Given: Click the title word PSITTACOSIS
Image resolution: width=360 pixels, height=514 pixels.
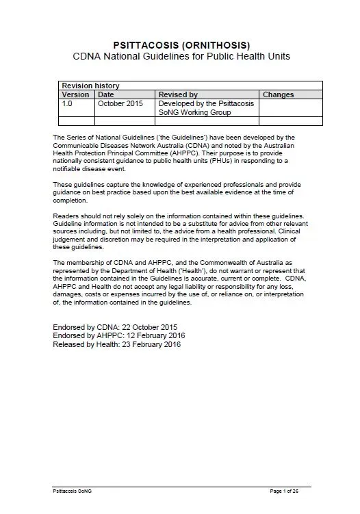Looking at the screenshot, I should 146,44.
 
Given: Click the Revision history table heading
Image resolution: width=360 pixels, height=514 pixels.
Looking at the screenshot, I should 90,85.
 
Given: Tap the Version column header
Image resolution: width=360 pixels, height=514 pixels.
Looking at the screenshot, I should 75,94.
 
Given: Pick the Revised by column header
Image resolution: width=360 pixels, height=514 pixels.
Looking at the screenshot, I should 178,94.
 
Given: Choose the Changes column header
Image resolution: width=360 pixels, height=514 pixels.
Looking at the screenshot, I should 279,94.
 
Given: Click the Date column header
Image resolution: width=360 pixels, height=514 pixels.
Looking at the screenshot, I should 106,94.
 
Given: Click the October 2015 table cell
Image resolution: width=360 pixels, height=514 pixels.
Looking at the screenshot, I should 120,103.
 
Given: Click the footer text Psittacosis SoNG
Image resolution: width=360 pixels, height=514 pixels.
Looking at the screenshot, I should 72,491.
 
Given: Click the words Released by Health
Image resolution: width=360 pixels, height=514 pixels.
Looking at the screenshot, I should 83,345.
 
